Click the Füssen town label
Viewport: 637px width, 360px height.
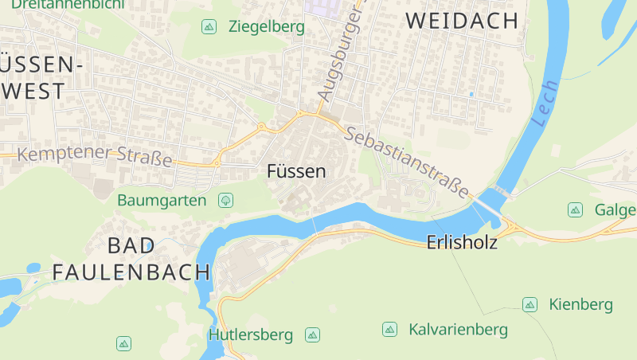[x=296, y=171]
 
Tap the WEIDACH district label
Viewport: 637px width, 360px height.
[x=463, y=22]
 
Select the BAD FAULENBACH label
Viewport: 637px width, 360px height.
[x=131, y=259]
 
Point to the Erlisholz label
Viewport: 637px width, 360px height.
[x=462, y=242]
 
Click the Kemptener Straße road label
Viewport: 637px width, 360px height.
[x=95, y=155]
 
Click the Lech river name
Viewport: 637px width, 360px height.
[x=544, y=104]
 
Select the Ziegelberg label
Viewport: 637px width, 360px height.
[x=266, y=27]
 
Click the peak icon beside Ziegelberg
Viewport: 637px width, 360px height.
[x=209, y=27]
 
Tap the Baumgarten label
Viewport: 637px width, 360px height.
[x=162, y=200]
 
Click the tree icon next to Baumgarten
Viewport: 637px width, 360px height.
[x=225, y=200]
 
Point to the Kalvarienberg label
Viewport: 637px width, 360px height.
[x=458, y=329]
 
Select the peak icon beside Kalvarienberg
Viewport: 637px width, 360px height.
[x=389, y=329]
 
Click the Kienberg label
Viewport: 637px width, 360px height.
[x=580, y=304]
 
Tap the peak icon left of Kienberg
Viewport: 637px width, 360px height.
[x=530, y=304]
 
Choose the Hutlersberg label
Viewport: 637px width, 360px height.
[x=251, y=335]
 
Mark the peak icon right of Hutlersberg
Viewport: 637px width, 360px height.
[x=313, y=335]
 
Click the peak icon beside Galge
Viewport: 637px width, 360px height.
[x=575, y=210]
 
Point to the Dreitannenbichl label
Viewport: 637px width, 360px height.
[x=68, y=4]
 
